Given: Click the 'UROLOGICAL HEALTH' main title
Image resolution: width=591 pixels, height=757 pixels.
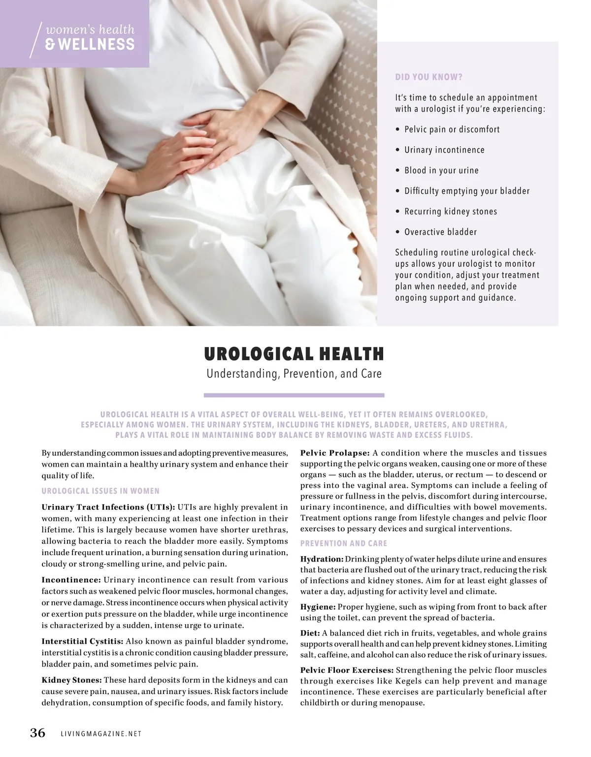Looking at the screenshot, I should click(294, 354).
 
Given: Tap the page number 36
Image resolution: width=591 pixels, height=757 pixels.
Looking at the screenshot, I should click(38, 733).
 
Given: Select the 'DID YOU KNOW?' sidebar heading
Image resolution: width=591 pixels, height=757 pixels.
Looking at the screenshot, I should click(428, 77).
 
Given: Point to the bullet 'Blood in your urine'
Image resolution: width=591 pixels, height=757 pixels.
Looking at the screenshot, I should click(441, 170).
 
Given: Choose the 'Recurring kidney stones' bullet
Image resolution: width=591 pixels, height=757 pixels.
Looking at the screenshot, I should click(451, 212).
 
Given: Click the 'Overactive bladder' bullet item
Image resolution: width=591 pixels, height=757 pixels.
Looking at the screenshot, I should click(440, 232).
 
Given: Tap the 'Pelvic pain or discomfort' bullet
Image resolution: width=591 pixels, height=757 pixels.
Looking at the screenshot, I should click(452, 129).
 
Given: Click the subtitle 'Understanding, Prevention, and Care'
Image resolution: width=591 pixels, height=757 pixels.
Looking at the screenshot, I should click(294, 374).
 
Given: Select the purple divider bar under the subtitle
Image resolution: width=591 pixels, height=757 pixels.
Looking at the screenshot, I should click(294, 395).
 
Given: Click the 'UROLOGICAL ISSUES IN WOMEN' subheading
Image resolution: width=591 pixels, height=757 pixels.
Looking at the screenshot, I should click(100, 491).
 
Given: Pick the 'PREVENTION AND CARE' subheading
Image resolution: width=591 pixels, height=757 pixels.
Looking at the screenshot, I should click(344, 543).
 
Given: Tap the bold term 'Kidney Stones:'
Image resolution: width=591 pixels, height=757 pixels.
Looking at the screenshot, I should click(72, 680).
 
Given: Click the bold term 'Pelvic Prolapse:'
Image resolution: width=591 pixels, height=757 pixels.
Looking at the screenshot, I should click(335, 453).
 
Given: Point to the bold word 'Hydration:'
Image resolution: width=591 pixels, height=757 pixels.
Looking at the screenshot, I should click(322, 559).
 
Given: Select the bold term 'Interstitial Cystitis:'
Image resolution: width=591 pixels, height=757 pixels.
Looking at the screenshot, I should click(82, 641).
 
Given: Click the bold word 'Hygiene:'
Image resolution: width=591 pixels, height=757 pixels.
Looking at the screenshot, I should click(318, 607).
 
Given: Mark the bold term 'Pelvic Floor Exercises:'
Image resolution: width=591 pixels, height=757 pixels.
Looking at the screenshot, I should click(347, 670).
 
